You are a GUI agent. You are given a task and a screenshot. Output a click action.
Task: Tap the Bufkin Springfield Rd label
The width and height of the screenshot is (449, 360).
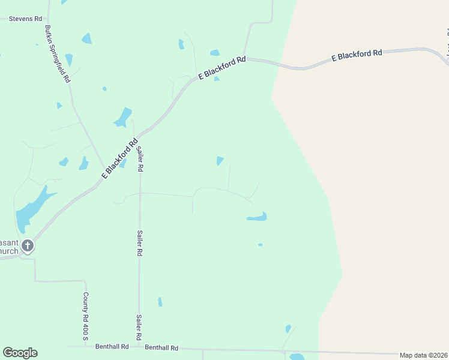[58, 54]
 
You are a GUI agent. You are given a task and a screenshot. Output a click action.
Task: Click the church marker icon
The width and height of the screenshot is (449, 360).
[27, 245]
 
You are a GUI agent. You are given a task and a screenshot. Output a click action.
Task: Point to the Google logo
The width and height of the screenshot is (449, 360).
[20, 353]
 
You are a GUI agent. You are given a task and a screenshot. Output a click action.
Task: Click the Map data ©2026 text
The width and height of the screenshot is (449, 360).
[423, 355]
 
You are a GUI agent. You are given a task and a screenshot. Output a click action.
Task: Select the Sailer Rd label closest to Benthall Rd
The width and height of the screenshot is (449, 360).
[139, 327]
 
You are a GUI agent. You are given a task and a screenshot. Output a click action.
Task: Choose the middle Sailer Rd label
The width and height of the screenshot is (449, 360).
[139, 244]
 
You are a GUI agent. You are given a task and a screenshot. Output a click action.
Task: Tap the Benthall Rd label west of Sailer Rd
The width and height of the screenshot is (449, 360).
[112, 347]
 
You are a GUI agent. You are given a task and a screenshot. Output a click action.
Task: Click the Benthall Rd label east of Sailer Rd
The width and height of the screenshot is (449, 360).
[161, 347]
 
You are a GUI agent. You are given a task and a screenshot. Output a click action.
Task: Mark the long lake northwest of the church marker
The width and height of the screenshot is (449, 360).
[32, 208]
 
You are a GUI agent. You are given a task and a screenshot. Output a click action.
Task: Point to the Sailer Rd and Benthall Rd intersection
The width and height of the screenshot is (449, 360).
[139, 347]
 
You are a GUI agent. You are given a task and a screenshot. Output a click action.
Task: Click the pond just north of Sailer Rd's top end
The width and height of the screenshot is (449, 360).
[123, 116]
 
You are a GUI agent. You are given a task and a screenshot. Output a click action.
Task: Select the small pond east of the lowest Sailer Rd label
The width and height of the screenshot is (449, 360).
[160, 301]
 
